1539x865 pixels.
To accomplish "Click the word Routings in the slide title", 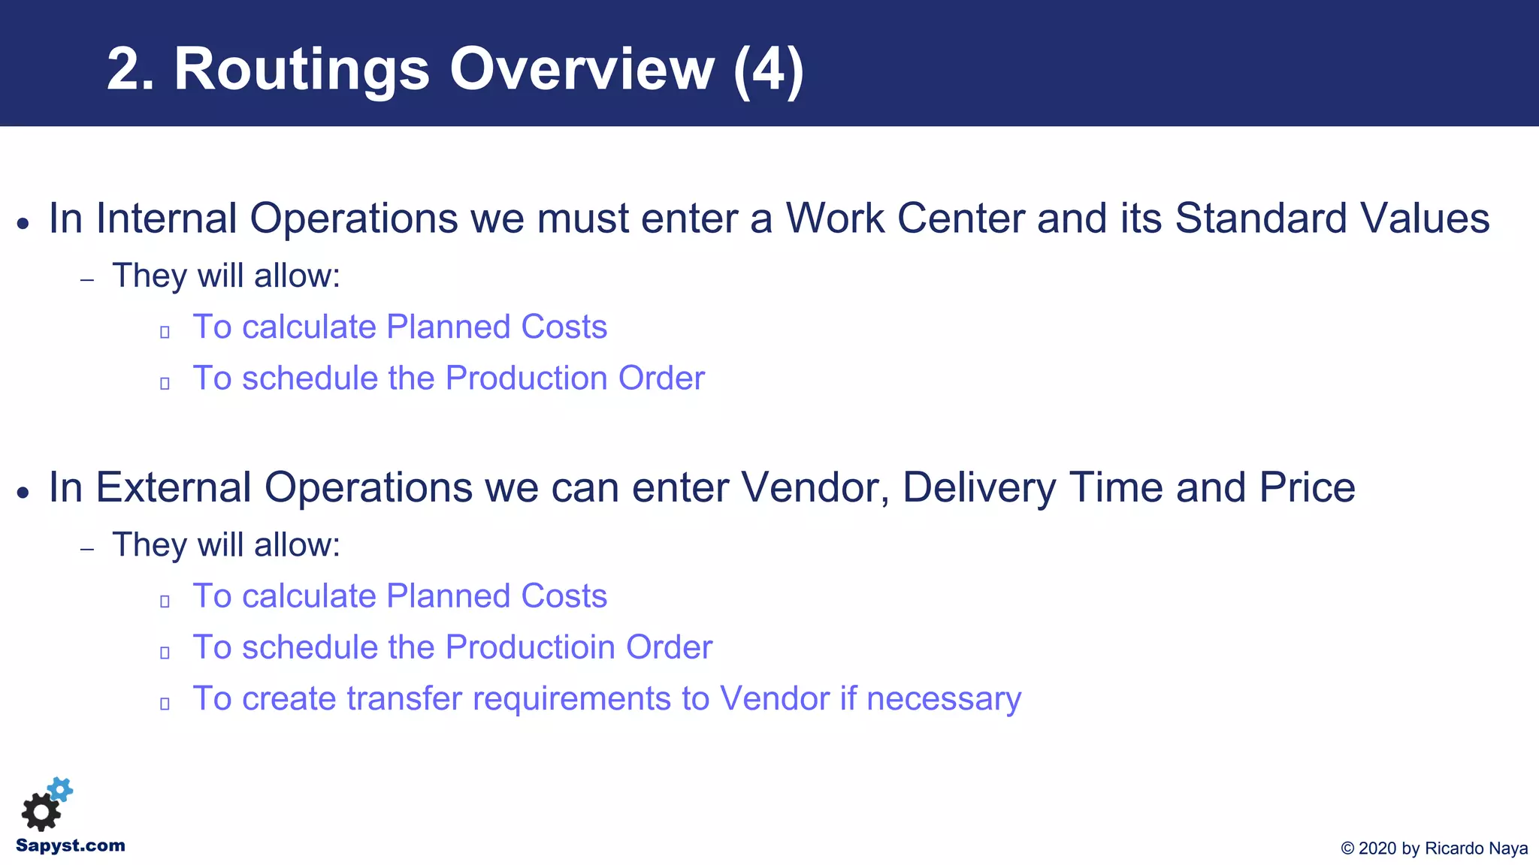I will point(301,70).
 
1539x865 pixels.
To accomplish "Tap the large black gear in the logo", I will point(41,812).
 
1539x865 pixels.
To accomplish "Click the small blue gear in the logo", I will point(61,789).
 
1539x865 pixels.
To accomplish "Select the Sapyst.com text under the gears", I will point(71,845).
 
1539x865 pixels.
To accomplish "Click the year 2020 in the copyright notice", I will point(1377,848).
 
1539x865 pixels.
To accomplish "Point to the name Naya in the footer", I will point(1507,848).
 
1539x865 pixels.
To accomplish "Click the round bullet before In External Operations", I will point(23,493).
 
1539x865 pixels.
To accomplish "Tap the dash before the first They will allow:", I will point(87,280).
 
